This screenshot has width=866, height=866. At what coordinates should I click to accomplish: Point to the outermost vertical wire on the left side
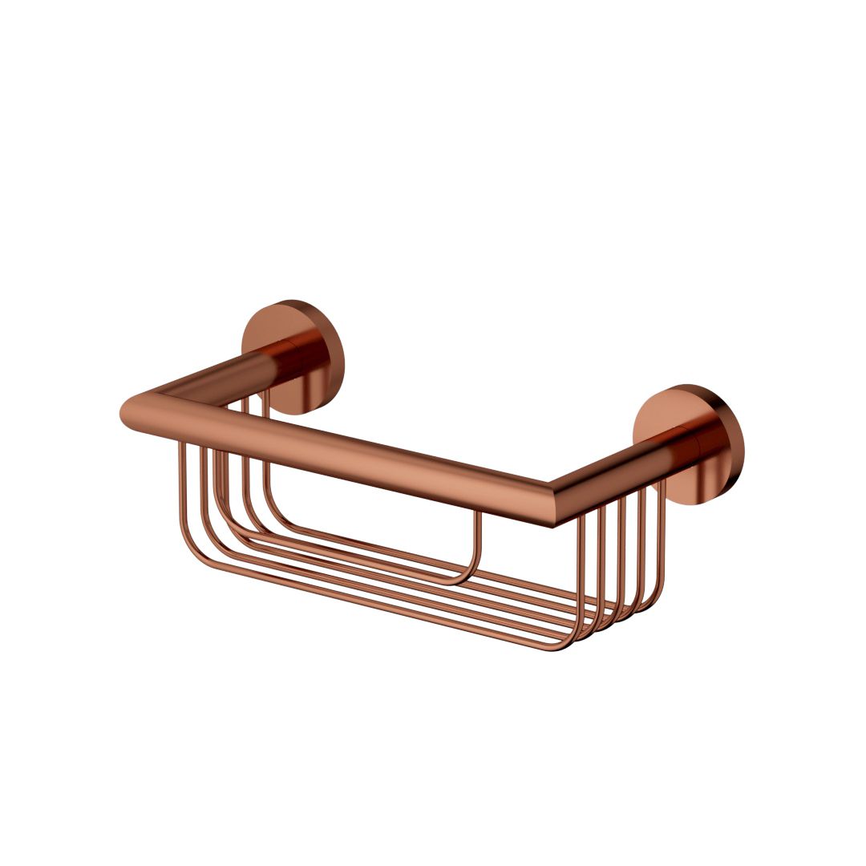click(x=181, y=497)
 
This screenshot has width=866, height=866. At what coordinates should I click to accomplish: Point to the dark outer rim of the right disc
click(x=734, y=449)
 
